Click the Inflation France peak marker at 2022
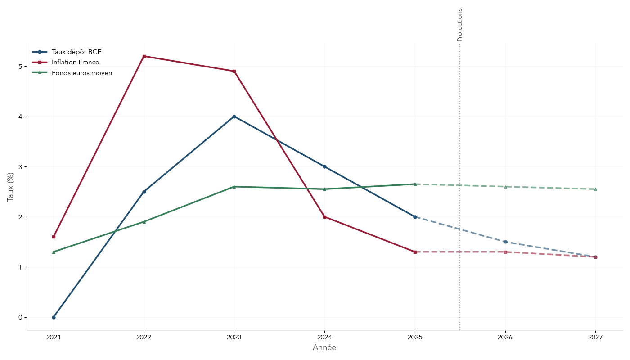pyautogui.click(x=144, y=56)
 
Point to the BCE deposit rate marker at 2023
pyautogui.click(x=234, y=117)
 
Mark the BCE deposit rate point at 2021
pyautogui.click(x=54, y=317)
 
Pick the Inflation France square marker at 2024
pyautogui.click(x=324, y=217)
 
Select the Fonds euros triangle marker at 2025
pyautogui.click(x=415, y=184)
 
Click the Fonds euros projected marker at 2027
pyautogui.click(x=595, y=189)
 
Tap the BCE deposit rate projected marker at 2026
pyautogui.click(x=505, y=242)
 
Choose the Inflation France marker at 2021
pyautogui.click(x=54, y=237)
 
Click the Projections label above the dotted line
pyautogui.click(x=459, y=25)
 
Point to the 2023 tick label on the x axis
pyautogui.click(x=234, y=337)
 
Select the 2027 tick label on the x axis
pyautogui.click(x=595, y=337)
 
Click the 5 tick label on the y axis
pyautogui.click(x=20, y=67)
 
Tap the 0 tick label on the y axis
pyautogui.click(x=20, y=317)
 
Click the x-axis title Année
pyautogui.click(x=324, y=348)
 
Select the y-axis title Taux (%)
pyautogui.click(x=10, y=187)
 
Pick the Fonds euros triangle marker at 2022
pyautogui.click(x=144, y=222)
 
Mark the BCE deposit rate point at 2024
pyautogui.click(x=324, y=166)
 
